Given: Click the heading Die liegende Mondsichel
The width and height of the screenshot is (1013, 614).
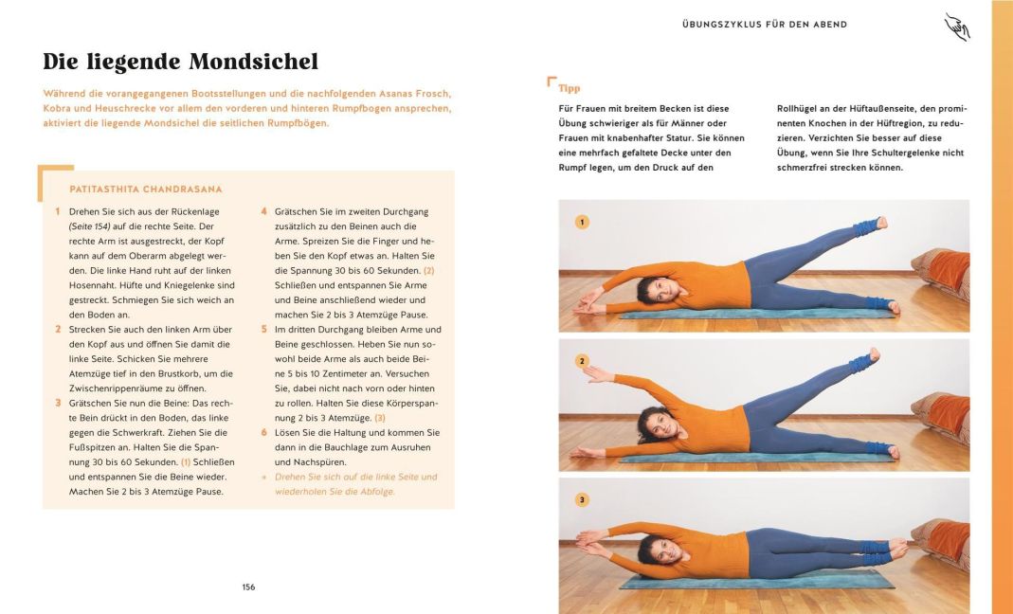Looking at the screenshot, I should tap(180, 63).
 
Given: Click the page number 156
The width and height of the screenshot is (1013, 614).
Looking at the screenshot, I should tap(248, 587).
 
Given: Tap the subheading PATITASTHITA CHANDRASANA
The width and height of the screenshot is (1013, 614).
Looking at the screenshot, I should tap(146, 190).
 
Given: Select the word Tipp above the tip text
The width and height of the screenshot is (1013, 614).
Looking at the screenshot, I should tap(570, 88).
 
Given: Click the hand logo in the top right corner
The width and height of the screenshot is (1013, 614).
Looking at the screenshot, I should tap(956, 27).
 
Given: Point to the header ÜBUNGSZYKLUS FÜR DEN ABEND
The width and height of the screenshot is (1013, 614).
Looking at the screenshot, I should tap(764, 24).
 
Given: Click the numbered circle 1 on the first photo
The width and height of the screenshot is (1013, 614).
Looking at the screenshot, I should tap(582, 223).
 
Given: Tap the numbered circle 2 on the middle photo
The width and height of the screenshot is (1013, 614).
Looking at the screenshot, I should tap(582, 361).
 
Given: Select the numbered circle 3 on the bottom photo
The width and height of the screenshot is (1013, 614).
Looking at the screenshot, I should tap(582, 499).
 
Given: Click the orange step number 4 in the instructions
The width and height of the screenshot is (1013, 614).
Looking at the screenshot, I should tap(264, 211).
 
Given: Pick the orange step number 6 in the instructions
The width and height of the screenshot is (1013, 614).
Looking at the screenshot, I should tap(264, 432).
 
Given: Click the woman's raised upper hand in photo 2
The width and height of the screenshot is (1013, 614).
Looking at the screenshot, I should tap(592, 371).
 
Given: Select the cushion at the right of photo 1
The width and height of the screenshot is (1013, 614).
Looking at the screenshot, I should tap(942, 270).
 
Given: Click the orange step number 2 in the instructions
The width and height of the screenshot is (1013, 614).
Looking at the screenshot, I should tap(58, 330).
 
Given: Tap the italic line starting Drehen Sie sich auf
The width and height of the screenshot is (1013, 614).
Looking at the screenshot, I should tap(355, 477).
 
